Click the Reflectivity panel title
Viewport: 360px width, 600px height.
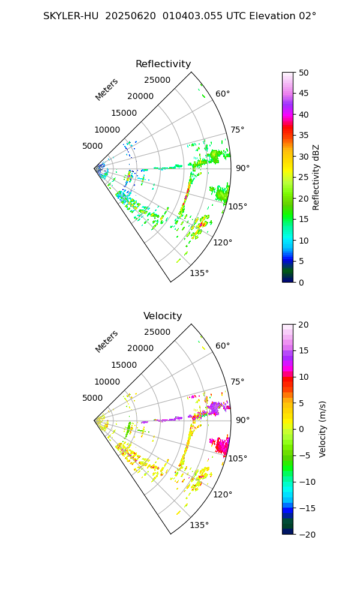[x=163, y=64]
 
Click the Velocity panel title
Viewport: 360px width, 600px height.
[x=163, y=316]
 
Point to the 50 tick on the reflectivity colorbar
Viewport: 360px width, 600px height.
[x=303, y=73]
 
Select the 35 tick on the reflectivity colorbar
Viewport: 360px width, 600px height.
[x=303, y=136]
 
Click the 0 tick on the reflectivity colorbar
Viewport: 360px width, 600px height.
[x=301, y=282]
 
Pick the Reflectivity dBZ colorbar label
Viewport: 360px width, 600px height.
[x=316, y=177]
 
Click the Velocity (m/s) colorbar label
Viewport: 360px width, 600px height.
[x=323, y=429]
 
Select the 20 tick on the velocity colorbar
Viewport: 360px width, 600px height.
[x=303, y=325]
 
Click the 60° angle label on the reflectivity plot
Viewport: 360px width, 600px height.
[x=223, y=94]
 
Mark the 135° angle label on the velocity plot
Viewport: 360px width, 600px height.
[x=199, y=526]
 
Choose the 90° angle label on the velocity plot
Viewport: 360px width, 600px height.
[x=242, y=421]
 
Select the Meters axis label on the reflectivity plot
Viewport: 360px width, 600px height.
[x=107, y=89]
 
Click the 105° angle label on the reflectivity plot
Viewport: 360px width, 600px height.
[x=238, y=207]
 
